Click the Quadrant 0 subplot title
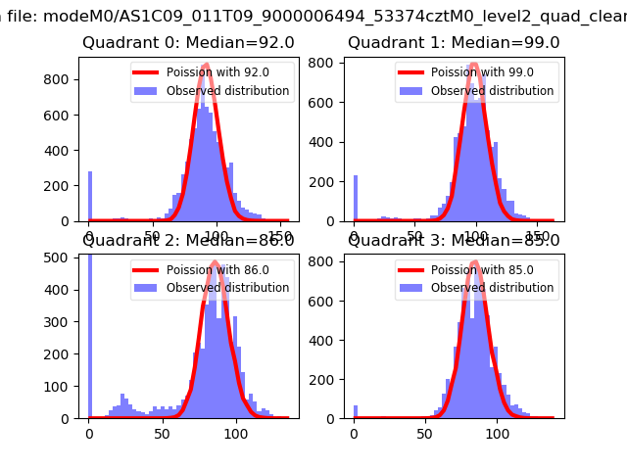pos(174,42)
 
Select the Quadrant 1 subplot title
pos(454,42)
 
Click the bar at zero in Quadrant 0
pos(90,197)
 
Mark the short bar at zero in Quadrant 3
pos(355,412)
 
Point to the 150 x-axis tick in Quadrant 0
pos(279,236)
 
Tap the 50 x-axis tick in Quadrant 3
pos(425,433)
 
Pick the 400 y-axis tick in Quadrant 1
pos(329,141)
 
